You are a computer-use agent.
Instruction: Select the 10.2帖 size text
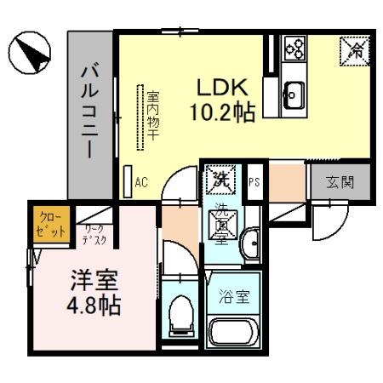(x=223, y=112)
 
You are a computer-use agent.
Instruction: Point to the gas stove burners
(x=295, y=47)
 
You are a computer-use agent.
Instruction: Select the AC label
(x=141, y=180)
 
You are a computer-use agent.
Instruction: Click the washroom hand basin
(x=249, y=245)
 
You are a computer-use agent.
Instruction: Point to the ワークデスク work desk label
(x=93, y=234)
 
